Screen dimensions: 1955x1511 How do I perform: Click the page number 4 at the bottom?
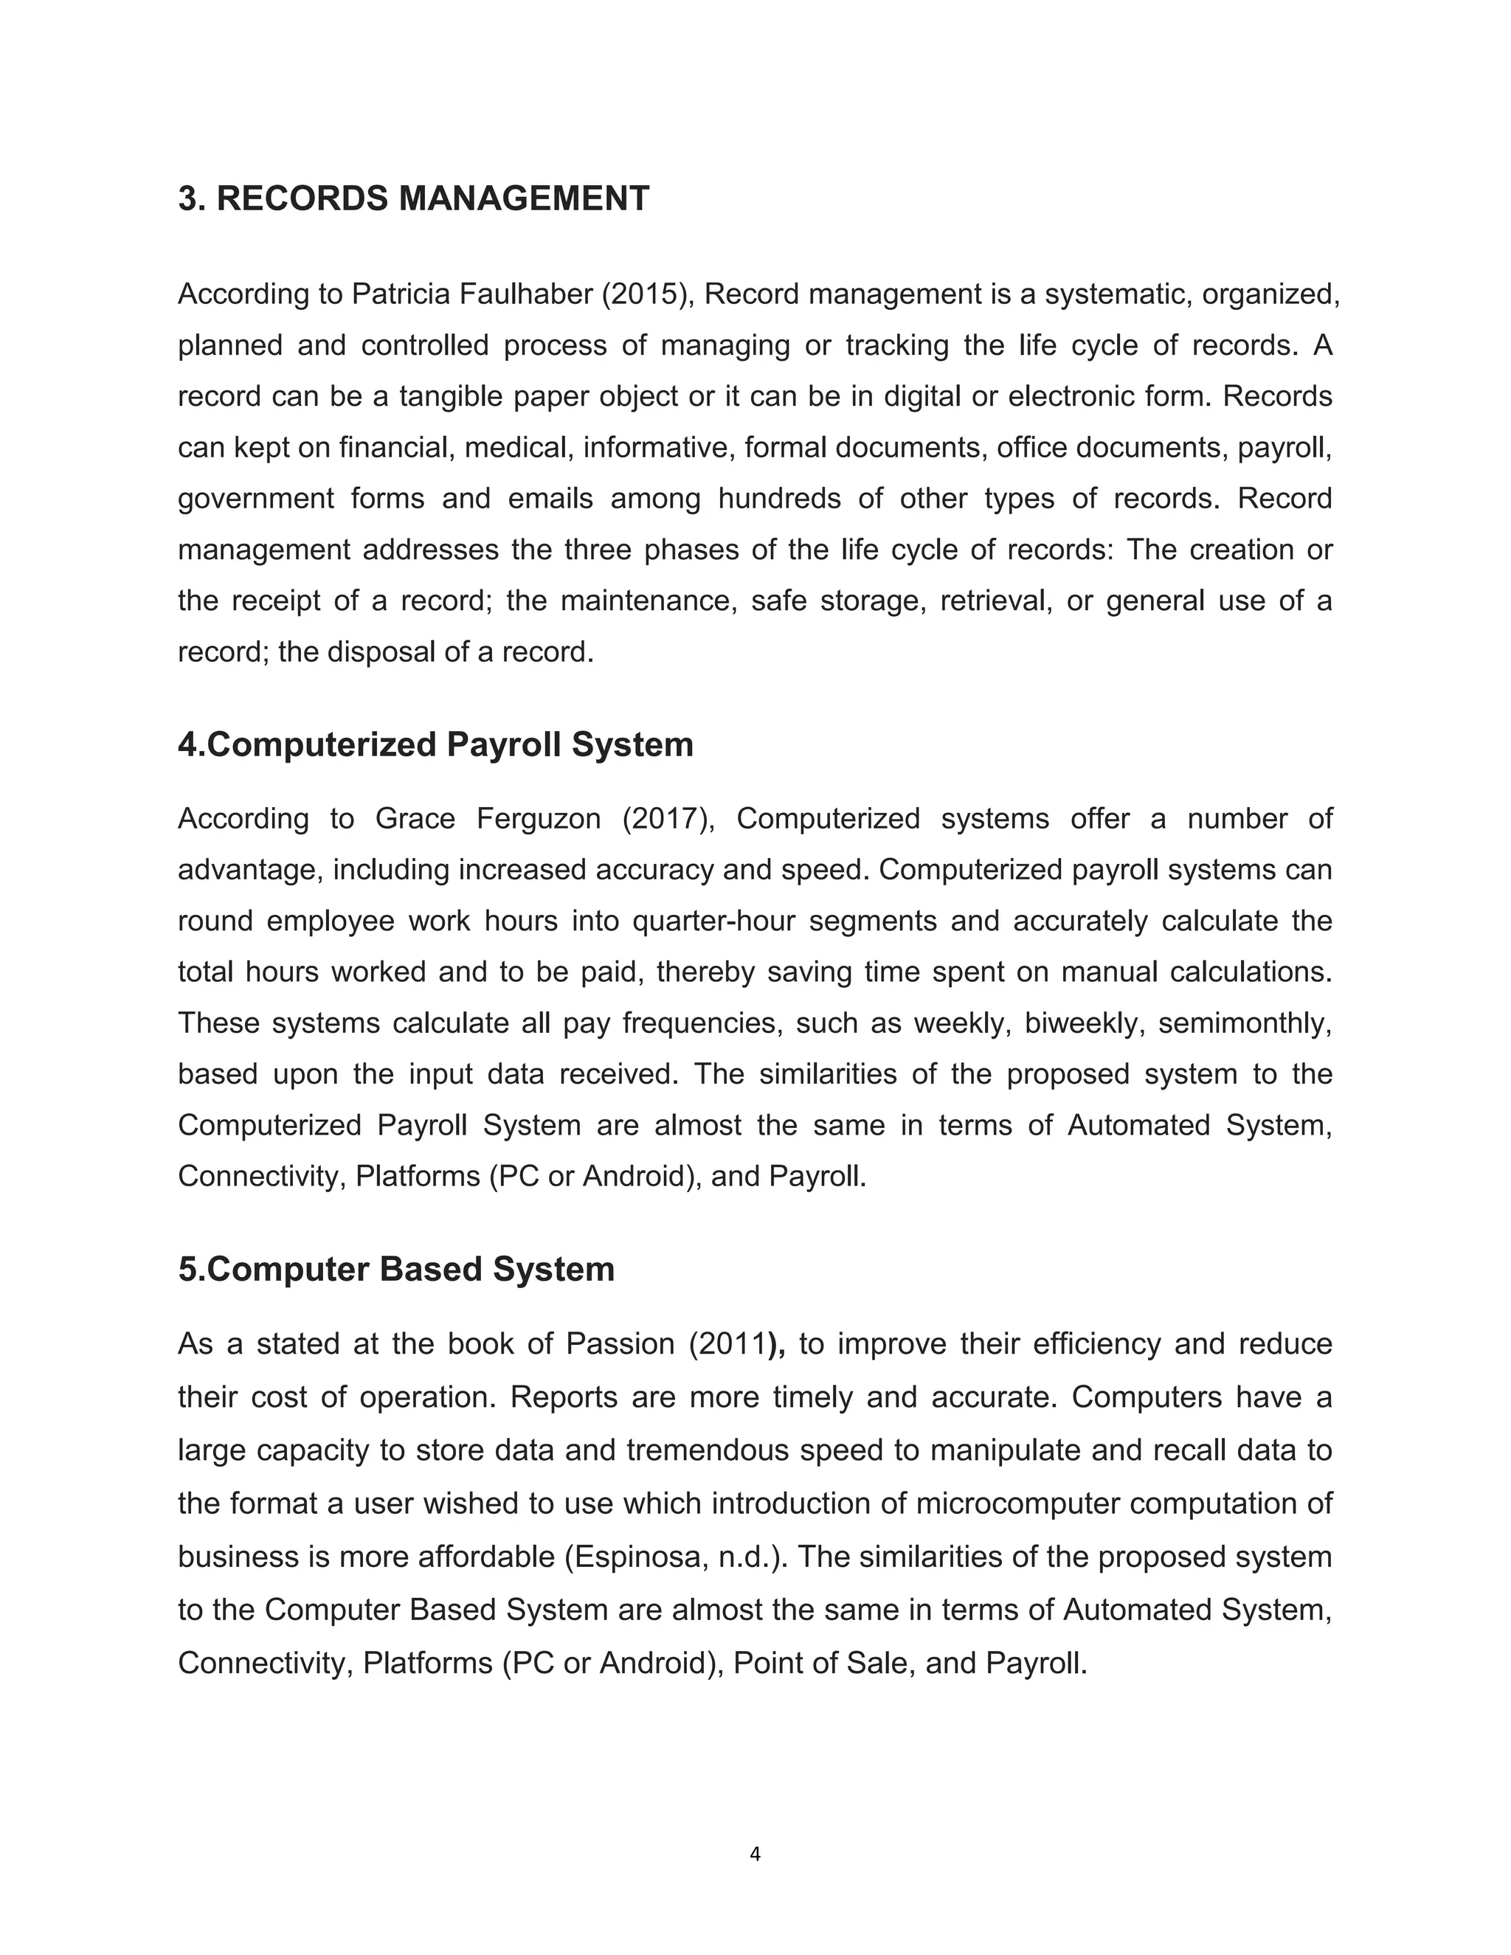coord(755,1854)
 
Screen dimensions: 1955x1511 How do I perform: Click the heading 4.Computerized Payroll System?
coord(435,745)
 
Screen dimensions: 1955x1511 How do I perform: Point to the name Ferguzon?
coord(538,818)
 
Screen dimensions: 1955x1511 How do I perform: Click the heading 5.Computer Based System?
coord(395,1270)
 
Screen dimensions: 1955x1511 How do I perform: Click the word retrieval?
coord(995,600)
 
